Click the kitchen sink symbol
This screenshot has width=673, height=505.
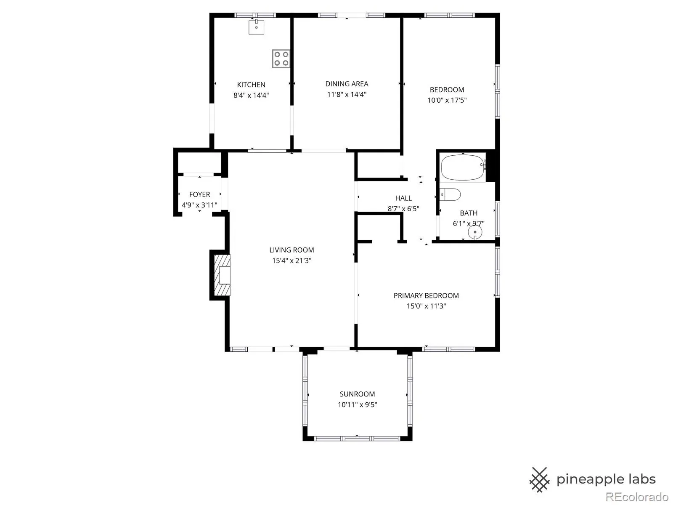pos(256,27)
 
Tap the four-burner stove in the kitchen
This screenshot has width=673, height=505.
pos(281,58)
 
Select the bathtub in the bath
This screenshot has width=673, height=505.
pos(463,167)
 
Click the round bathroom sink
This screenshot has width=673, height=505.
pos(475,232)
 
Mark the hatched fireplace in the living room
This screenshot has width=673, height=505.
pos(222,275)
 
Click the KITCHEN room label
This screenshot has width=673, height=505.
pos(251,85)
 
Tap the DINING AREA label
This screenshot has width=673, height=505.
pos(347,84)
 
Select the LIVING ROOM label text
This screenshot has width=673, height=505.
pos(291,250)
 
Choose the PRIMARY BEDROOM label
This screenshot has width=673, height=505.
pos(426,295)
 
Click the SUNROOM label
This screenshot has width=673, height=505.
pos(357,394)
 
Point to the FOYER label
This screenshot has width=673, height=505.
pos(200,194)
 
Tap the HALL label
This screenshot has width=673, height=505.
pos(403,198)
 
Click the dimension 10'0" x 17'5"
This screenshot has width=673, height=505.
pos(447,100)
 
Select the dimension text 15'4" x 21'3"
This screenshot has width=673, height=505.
pos(291,260)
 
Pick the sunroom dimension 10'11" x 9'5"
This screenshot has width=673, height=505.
pos(357,404)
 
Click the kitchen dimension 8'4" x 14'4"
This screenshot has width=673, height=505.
pos(251,95)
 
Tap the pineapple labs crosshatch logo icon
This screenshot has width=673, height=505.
pos(539,479)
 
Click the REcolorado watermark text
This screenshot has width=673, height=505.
pos(637,497)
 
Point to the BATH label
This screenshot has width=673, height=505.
pos(469,213)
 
